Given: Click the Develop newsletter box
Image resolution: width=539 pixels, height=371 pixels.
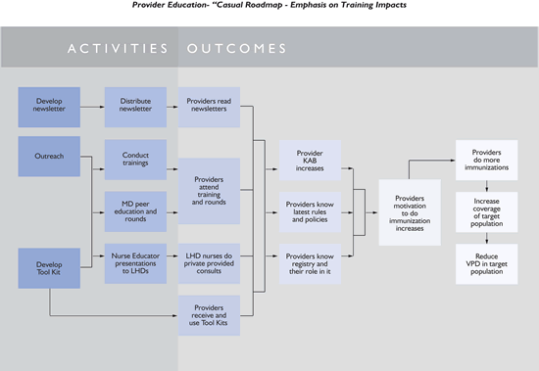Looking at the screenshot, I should coord(49,104).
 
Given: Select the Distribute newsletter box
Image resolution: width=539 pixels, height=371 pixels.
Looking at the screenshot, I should coord(135,104).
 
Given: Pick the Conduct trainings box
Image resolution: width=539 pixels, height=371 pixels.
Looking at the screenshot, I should coord(135,159).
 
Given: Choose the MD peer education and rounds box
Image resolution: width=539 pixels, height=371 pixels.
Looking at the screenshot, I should coord(135,211).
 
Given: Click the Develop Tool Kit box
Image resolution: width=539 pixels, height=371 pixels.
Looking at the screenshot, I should coord(49,266).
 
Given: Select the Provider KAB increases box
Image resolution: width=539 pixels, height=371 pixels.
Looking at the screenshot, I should coord(309,159).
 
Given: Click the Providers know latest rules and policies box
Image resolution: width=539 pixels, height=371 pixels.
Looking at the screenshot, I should coord(309,210).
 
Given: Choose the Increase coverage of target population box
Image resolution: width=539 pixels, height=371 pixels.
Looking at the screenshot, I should coord(487,210).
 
